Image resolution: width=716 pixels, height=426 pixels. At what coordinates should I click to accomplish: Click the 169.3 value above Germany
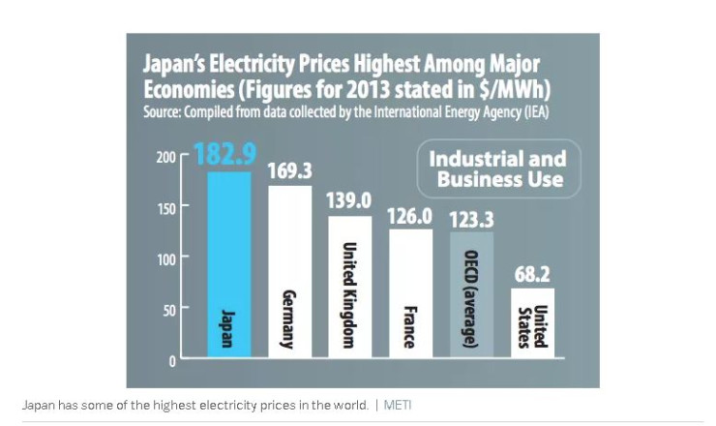(x=289, y=171)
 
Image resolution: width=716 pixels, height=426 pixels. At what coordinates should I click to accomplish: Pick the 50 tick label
(x=166, y=310)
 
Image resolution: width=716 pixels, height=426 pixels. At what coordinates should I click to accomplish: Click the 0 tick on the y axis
(x=172, y=361)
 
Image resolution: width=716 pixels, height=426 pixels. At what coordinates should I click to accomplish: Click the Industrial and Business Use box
(x=498, y=168)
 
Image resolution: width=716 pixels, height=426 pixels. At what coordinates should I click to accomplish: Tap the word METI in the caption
(x=397, y=405)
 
